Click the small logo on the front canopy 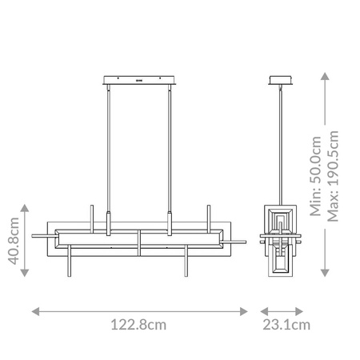click(139, 79)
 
